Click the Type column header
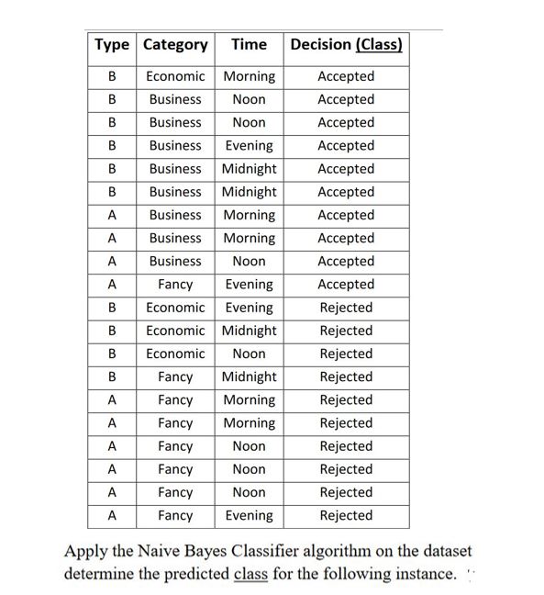(x=112, y=44)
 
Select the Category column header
(x=176, y=44)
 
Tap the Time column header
(x=249, y=44)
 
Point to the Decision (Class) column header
(x=346, y=44)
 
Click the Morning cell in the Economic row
(x=249, y=76)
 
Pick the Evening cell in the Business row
(x=249, y=145)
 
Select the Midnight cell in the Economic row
(x=249, y=331)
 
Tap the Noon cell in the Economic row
(x=249, y=354)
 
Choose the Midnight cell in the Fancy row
(x=249, y=376)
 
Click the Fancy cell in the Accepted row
(x=175, y=285)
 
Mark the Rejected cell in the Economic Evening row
(x=346, y=308)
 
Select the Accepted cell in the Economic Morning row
(x=346, y=76)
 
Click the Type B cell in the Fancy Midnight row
(x=112, y=376)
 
